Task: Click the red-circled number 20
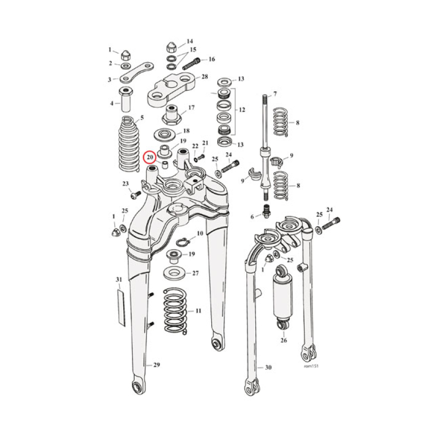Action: [150, 157]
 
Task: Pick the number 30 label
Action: [268, 367]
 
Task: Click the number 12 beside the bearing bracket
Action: [241, 111]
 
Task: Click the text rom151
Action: [311, 365]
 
